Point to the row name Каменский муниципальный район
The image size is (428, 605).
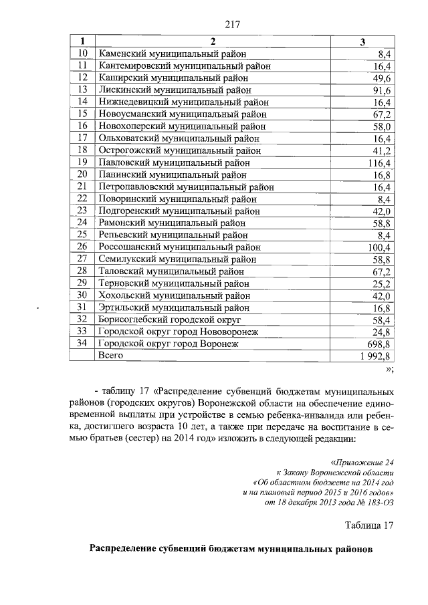coord(172,53)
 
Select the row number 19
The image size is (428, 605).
coord(83,162)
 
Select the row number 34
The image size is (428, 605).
coord(83,344)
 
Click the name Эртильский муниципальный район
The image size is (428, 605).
coord(173,308)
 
